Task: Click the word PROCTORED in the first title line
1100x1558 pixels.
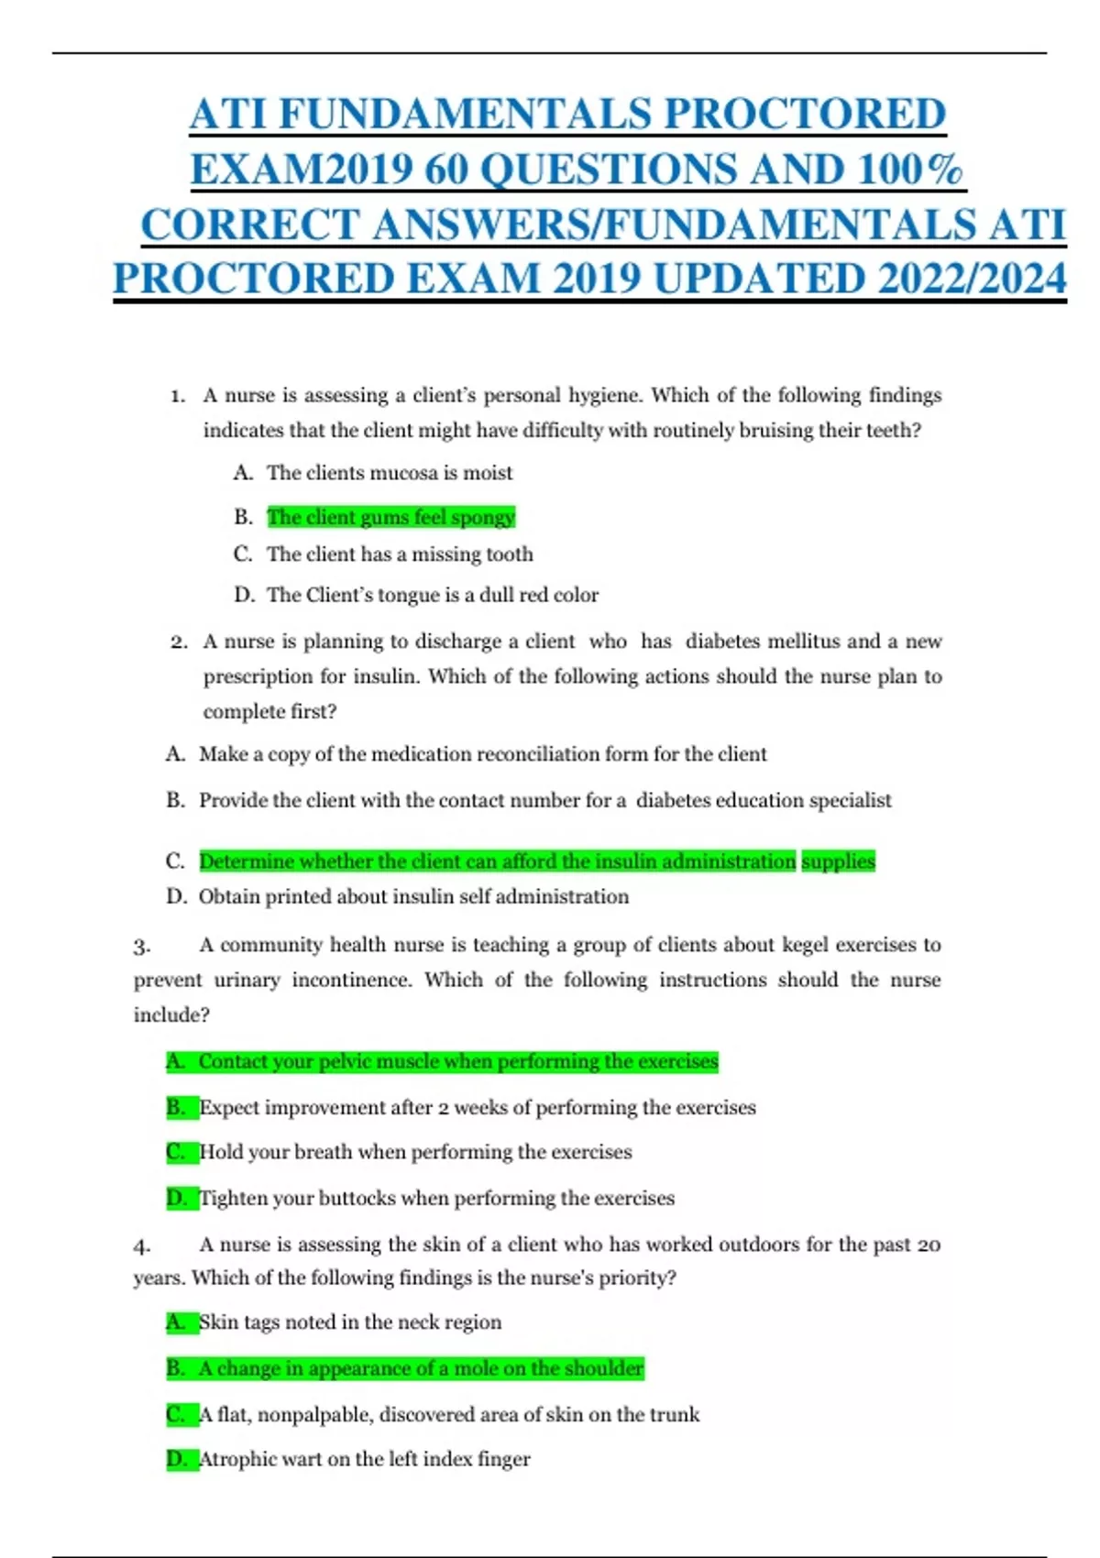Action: point(804,115)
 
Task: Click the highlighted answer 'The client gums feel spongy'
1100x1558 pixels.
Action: point(390,517)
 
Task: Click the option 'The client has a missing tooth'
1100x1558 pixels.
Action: point(400,554)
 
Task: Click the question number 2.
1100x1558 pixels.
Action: point(179,642)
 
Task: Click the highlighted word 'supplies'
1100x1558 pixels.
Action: point(838,861)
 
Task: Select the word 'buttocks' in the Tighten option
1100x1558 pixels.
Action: point(357,1199)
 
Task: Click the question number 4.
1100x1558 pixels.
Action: point(141,1246)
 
